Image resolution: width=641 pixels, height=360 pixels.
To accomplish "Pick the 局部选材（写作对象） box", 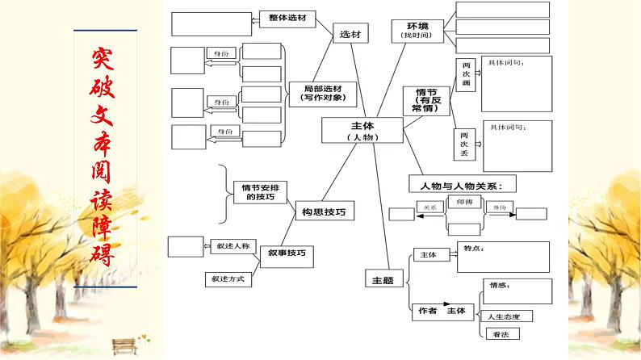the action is point(322,93).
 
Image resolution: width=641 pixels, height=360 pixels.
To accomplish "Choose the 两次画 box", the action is point(465,73).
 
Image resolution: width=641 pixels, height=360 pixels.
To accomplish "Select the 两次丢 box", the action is point(465,144).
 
